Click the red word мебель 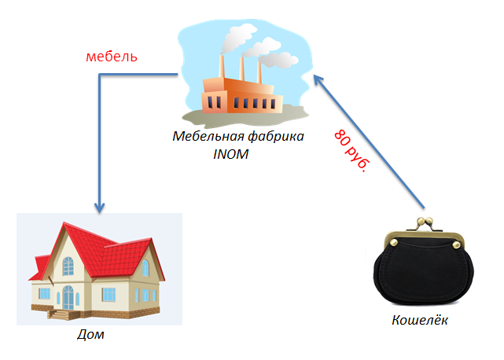(111, 57)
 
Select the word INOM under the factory (230, 152)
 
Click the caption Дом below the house (90, 335)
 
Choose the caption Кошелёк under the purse (420, 320)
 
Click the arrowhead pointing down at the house (99, 208)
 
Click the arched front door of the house (69, 299)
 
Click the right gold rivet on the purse (457, 246)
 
